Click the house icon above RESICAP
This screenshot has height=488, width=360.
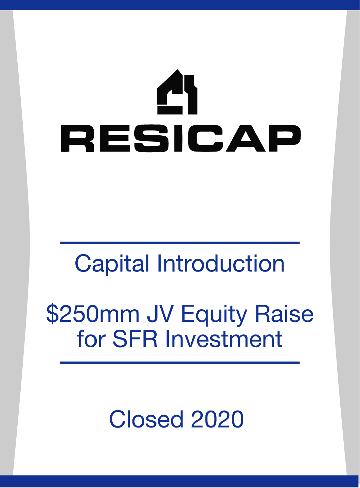click(x=177, y=92)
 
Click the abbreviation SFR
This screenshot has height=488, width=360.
click(x=135, y=339)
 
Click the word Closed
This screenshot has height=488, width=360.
click(x=146, y=419)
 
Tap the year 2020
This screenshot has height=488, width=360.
click(x=217, y=419)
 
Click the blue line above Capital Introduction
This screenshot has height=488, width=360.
click(x=180, y=243)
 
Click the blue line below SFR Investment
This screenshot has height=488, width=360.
click(x=180, y=363)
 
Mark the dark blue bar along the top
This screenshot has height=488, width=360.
click(x=180, y=5)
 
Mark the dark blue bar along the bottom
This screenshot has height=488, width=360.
click(x=180, y=481)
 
